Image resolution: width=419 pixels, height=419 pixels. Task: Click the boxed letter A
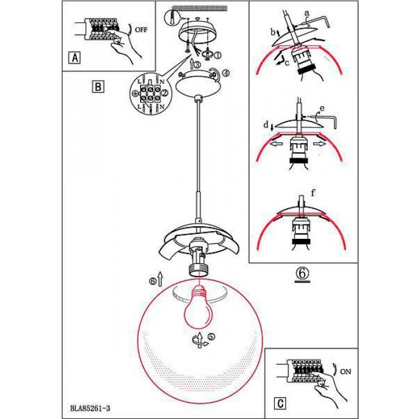(75, 57)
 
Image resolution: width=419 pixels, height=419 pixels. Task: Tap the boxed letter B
(98, 87)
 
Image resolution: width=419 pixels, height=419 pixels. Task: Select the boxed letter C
(280, 403)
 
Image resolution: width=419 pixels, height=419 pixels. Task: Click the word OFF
(141, 30)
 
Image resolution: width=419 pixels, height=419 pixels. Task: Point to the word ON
(345, 372)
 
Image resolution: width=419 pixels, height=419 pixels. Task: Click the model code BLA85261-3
(90, 408)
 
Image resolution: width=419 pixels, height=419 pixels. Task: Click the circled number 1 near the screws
(217, 56)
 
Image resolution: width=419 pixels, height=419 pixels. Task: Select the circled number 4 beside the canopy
(226, 73)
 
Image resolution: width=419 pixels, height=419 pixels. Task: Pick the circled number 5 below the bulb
(212, 337)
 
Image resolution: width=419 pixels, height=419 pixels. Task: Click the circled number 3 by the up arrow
(196, 65)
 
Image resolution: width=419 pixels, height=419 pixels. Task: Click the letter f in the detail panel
(312, 192)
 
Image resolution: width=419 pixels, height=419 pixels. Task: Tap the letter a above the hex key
(306, 13)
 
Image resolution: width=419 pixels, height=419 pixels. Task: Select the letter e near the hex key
(322, 108)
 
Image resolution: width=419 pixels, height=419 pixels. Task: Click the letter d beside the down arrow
(266, 125)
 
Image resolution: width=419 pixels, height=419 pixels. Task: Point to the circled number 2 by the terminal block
(165, 92)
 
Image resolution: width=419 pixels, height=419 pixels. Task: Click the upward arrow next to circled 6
(160, 279)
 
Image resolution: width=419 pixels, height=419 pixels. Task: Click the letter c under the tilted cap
(287, 63)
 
